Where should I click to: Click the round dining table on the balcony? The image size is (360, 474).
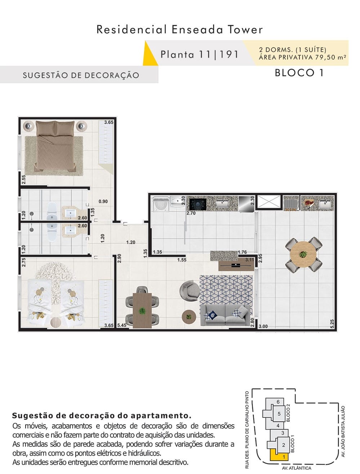[303, 254]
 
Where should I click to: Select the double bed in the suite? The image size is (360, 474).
[55, 146]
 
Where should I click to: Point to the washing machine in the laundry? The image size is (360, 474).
[161, 203]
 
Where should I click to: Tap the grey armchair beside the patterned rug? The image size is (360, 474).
[190, 291]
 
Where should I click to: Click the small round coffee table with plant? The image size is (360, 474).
[188, 317]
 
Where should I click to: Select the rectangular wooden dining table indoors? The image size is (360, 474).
[142, 310]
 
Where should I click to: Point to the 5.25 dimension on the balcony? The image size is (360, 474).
[332, 324]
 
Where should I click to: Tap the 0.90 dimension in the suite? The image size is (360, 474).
[103, 201]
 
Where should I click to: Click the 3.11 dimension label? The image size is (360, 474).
[249, 260]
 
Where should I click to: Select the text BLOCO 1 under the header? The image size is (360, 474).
[299, 73]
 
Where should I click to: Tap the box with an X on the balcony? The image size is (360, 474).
[269, 202]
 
